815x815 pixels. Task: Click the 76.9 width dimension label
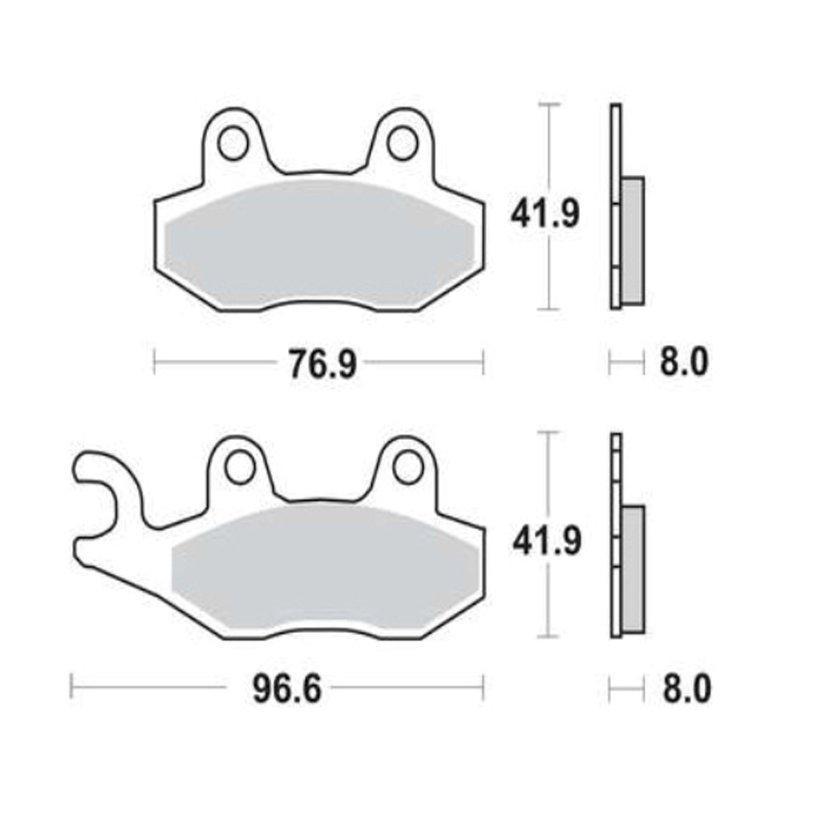pos(322,364)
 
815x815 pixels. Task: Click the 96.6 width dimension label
pos(287,690)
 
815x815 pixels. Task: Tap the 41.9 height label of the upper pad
pos(545,215)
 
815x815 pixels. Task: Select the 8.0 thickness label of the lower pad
pos(685,690)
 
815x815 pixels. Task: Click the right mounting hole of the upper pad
pos(402,143)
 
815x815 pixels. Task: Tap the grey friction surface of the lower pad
pos(326,570)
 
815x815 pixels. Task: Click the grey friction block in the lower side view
pos(633,569)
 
